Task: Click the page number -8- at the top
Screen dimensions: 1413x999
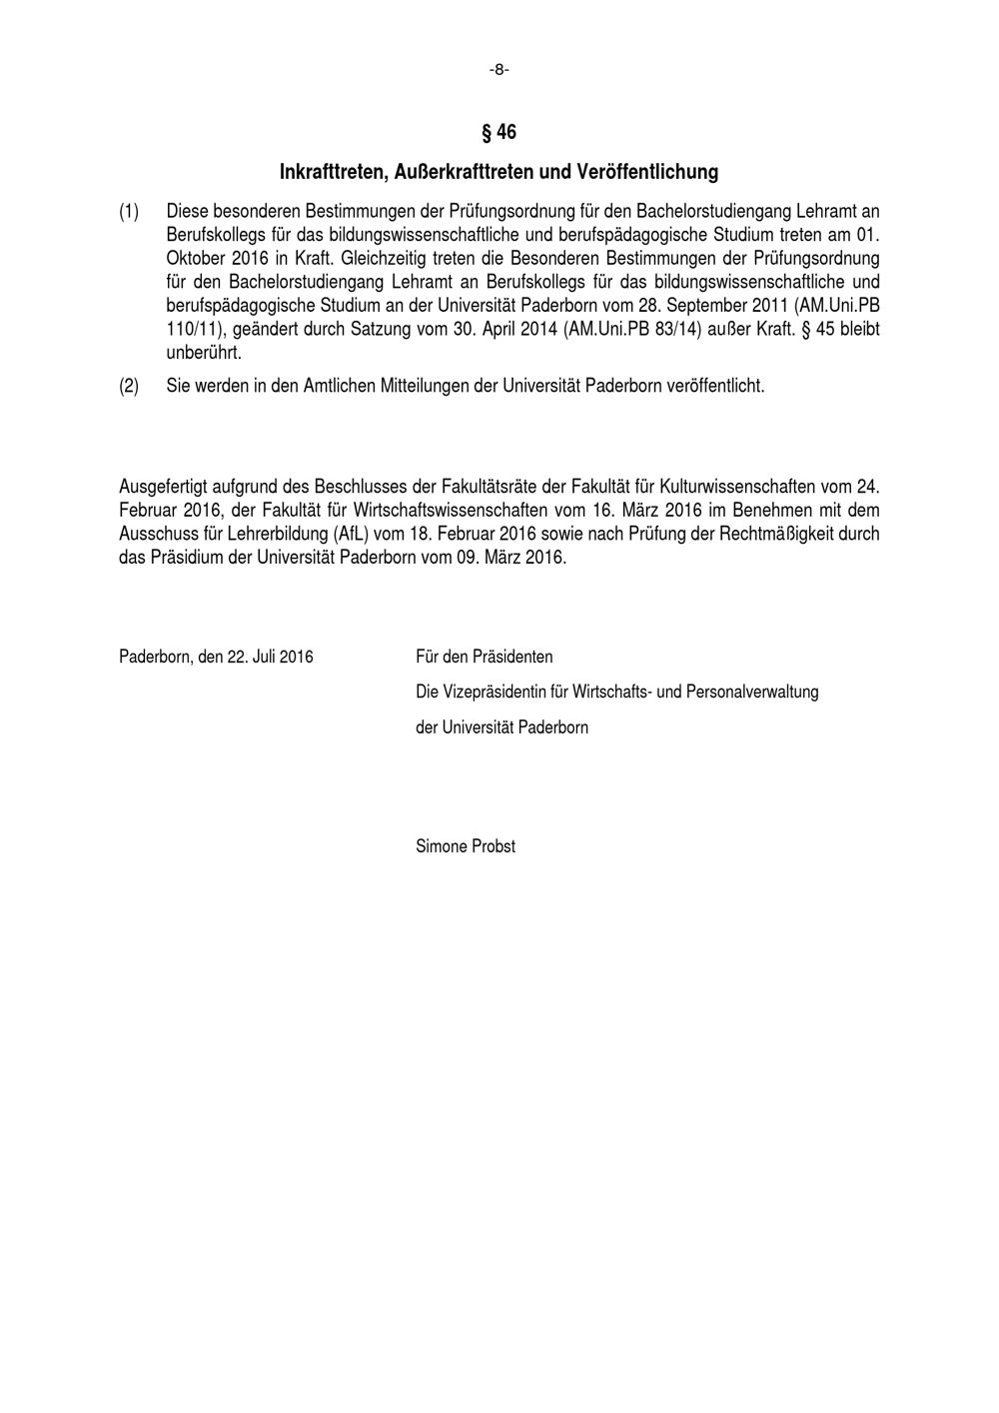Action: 499,69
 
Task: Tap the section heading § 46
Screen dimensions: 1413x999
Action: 499,132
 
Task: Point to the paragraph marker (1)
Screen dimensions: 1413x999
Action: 129,212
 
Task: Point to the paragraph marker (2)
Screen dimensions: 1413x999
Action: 129,386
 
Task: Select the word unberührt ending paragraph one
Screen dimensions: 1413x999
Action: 204,353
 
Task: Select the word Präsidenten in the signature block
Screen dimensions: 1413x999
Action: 511,657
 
